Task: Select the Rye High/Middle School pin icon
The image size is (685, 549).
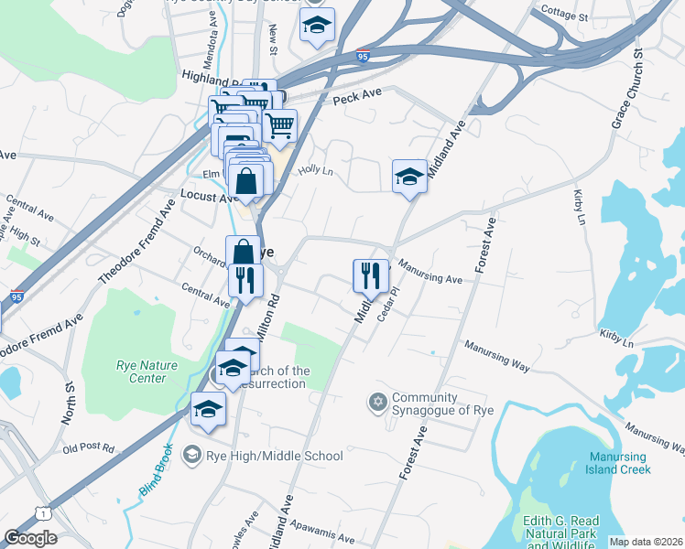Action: pos(191,455)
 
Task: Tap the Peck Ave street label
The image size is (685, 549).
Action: pos(356,96)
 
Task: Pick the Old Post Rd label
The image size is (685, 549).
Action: pos(88,448)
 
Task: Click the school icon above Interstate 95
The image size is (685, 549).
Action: pos(317,27)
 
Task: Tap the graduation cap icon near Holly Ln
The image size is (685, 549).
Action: pos(409,176)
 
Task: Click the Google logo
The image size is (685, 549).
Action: pos(30,538)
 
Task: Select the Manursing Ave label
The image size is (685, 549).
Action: pos(431,275)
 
